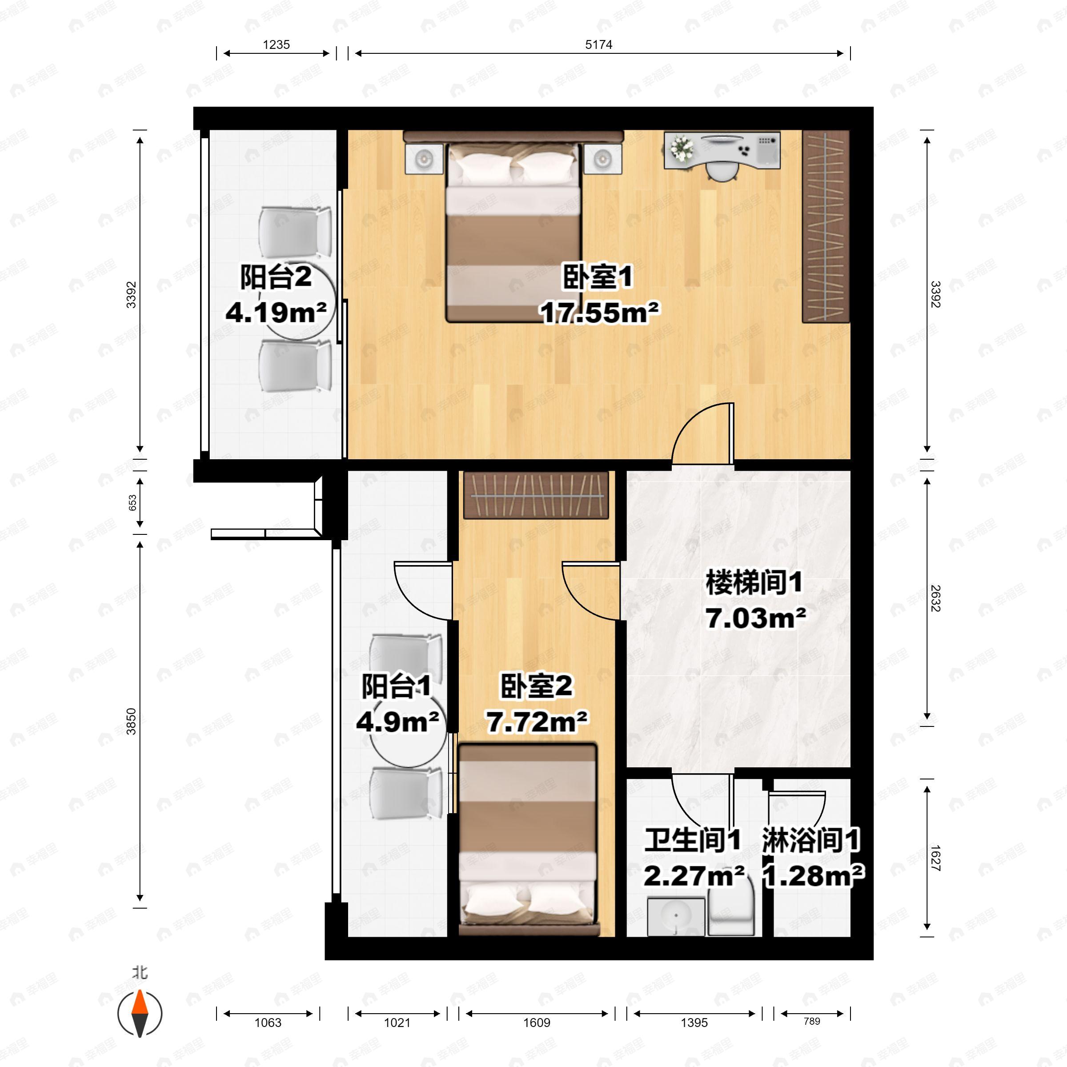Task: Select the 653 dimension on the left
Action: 133,502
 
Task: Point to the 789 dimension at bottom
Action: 811,1021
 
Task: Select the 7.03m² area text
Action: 755,618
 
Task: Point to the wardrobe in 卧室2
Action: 536,495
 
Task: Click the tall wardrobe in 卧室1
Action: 825,226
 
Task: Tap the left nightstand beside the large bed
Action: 424,159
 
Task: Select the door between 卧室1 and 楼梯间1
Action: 702,436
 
